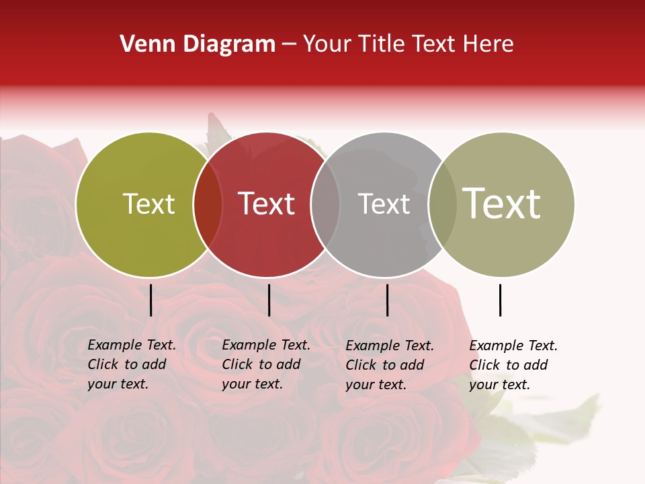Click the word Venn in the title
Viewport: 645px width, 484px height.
(142, 44)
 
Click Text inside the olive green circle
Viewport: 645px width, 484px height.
(148, 204)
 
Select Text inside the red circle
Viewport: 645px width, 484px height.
(266, 204)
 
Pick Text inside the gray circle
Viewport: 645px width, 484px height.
(384, 204)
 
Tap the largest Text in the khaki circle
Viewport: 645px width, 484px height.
(502, 204)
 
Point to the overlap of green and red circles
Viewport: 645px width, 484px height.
(208, 204)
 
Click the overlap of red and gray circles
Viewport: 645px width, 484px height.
(325, 204)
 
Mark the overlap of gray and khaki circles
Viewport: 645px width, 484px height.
(442, 204)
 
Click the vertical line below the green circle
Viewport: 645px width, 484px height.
(151, 300)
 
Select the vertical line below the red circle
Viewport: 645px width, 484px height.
(269, 300)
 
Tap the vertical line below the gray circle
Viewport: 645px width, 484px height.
(387, 300)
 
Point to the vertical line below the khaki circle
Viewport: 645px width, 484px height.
(500, 300)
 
